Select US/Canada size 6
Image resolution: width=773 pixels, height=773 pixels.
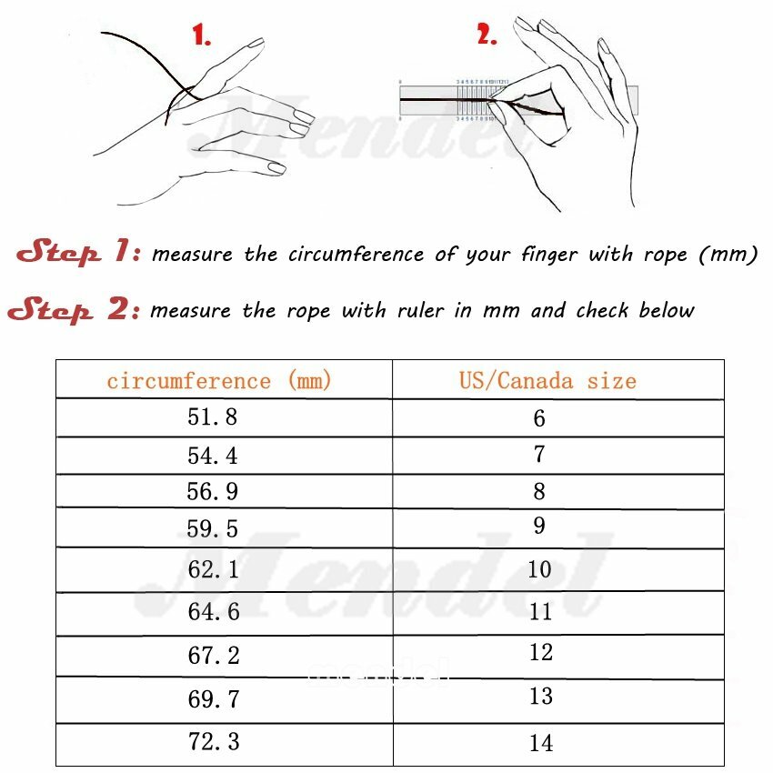click(x=539, y=418)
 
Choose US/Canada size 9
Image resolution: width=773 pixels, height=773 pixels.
click(x=539, y=526)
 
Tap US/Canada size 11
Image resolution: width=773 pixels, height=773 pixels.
click(x=540, y=612)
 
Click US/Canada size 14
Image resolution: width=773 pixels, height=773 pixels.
click(x=540, y=743)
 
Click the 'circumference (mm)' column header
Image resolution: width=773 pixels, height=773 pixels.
click(x=219, y=380)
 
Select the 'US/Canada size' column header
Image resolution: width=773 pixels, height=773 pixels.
click(x=547, y=380)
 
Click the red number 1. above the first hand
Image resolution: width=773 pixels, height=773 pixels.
click(x=202, y=36)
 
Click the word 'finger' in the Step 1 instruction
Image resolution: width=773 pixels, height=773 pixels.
click(x=549, y=255)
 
